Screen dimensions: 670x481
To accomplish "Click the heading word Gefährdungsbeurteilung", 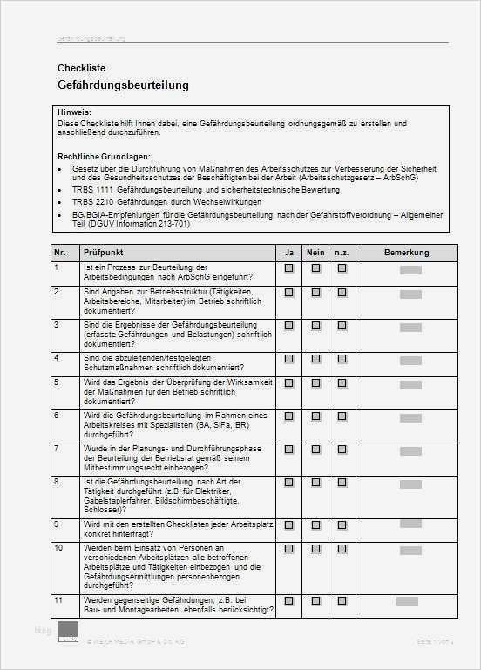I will click(x=122, y=85).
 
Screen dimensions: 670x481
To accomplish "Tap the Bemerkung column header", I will click(x=408, y=252).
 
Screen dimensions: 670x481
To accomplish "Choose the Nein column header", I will click(x=315, y=252).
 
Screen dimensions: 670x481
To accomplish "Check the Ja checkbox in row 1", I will click(x=288, y=268).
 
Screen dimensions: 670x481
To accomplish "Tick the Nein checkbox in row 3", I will click(x=315, y=325).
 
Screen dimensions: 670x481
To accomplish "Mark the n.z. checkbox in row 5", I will click(x=342, y=384).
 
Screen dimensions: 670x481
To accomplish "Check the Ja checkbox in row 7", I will click(x=288, y=450).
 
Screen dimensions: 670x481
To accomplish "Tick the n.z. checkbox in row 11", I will click(x=342, y=600).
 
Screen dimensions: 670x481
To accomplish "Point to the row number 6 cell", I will click(x=57, y=415).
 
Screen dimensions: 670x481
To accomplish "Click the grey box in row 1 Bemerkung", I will click(x=410, y=269).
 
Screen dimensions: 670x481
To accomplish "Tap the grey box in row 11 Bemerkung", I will click(x=407, y=600).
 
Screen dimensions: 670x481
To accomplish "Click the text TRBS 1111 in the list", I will click(x=92, y=188).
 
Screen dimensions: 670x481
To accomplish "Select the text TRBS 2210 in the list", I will click(x=92, y=201).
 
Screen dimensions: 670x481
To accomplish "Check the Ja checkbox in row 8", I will click(x=288, y=483).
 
